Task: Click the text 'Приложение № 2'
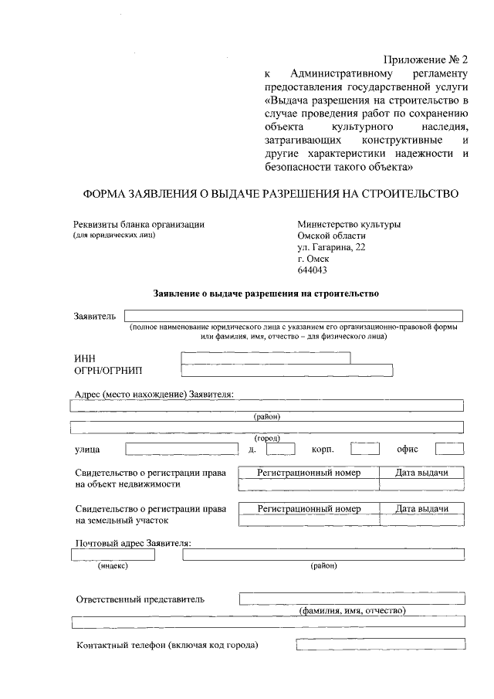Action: click(x=425, y=59)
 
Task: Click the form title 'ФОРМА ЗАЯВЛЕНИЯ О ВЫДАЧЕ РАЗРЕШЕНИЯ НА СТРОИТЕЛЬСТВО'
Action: click(x=270, y=193)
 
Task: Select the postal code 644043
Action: click(x=313, y=270)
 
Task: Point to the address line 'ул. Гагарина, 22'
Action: click(x=332, y=247)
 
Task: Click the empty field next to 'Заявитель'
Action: click(x=293, y=315)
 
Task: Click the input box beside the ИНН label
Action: click(x=265, y=358)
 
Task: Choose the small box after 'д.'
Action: click(x=281, y=448)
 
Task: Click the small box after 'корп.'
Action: click(x=364, y=448)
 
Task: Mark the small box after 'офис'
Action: click(x=449, y=448)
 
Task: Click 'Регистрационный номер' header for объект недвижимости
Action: click(x=309, y=473)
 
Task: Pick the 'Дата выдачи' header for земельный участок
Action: click(x=421, y=509)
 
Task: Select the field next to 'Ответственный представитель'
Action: click(x=352, y=598)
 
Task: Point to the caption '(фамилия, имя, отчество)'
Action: click(x=352, y=610)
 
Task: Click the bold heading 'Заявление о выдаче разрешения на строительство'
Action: click(x=266, y=294)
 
